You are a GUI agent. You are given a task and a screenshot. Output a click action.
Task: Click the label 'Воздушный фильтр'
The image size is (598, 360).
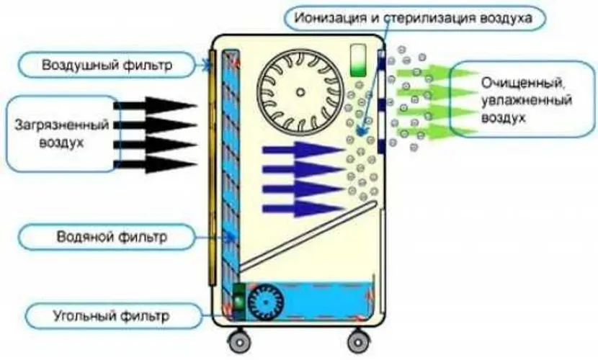(x=107, y=66)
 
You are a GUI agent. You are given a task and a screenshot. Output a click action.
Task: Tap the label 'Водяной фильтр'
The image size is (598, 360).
(x=112, y=235)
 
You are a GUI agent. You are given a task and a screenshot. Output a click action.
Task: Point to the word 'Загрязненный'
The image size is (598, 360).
(x=61, y=124)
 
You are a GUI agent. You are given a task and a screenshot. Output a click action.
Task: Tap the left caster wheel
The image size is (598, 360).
(x=238, y=341)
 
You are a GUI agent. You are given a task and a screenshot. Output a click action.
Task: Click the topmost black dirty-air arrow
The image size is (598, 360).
(x=155, y=105)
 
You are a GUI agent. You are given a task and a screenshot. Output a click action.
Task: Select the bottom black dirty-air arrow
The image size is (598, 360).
(x=155, y=163)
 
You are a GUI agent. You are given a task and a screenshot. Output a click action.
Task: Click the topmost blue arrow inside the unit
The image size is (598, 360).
(x=303, y=150)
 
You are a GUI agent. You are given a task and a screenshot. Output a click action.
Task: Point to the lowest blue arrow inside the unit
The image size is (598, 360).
(x=303, y=209)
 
